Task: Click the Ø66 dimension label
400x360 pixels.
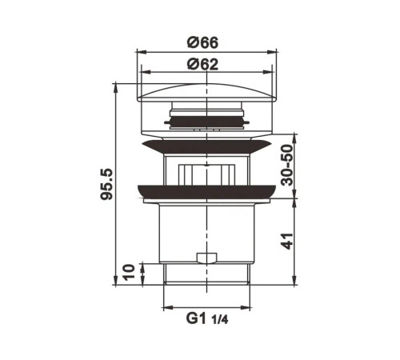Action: [202, 42]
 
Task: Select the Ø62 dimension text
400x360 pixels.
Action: [202, 64]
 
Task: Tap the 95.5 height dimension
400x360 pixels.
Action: [106, 184]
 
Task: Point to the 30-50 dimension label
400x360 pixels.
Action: [287, 165]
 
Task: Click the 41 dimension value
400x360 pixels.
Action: [287, 242]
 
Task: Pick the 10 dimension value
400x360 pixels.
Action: [129, 272]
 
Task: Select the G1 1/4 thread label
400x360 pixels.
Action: [207, 318]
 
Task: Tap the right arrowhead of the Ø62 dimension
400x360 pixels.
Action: [268, 72]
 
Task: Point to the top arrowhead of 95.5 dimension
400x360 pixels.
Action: [115, 88]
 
